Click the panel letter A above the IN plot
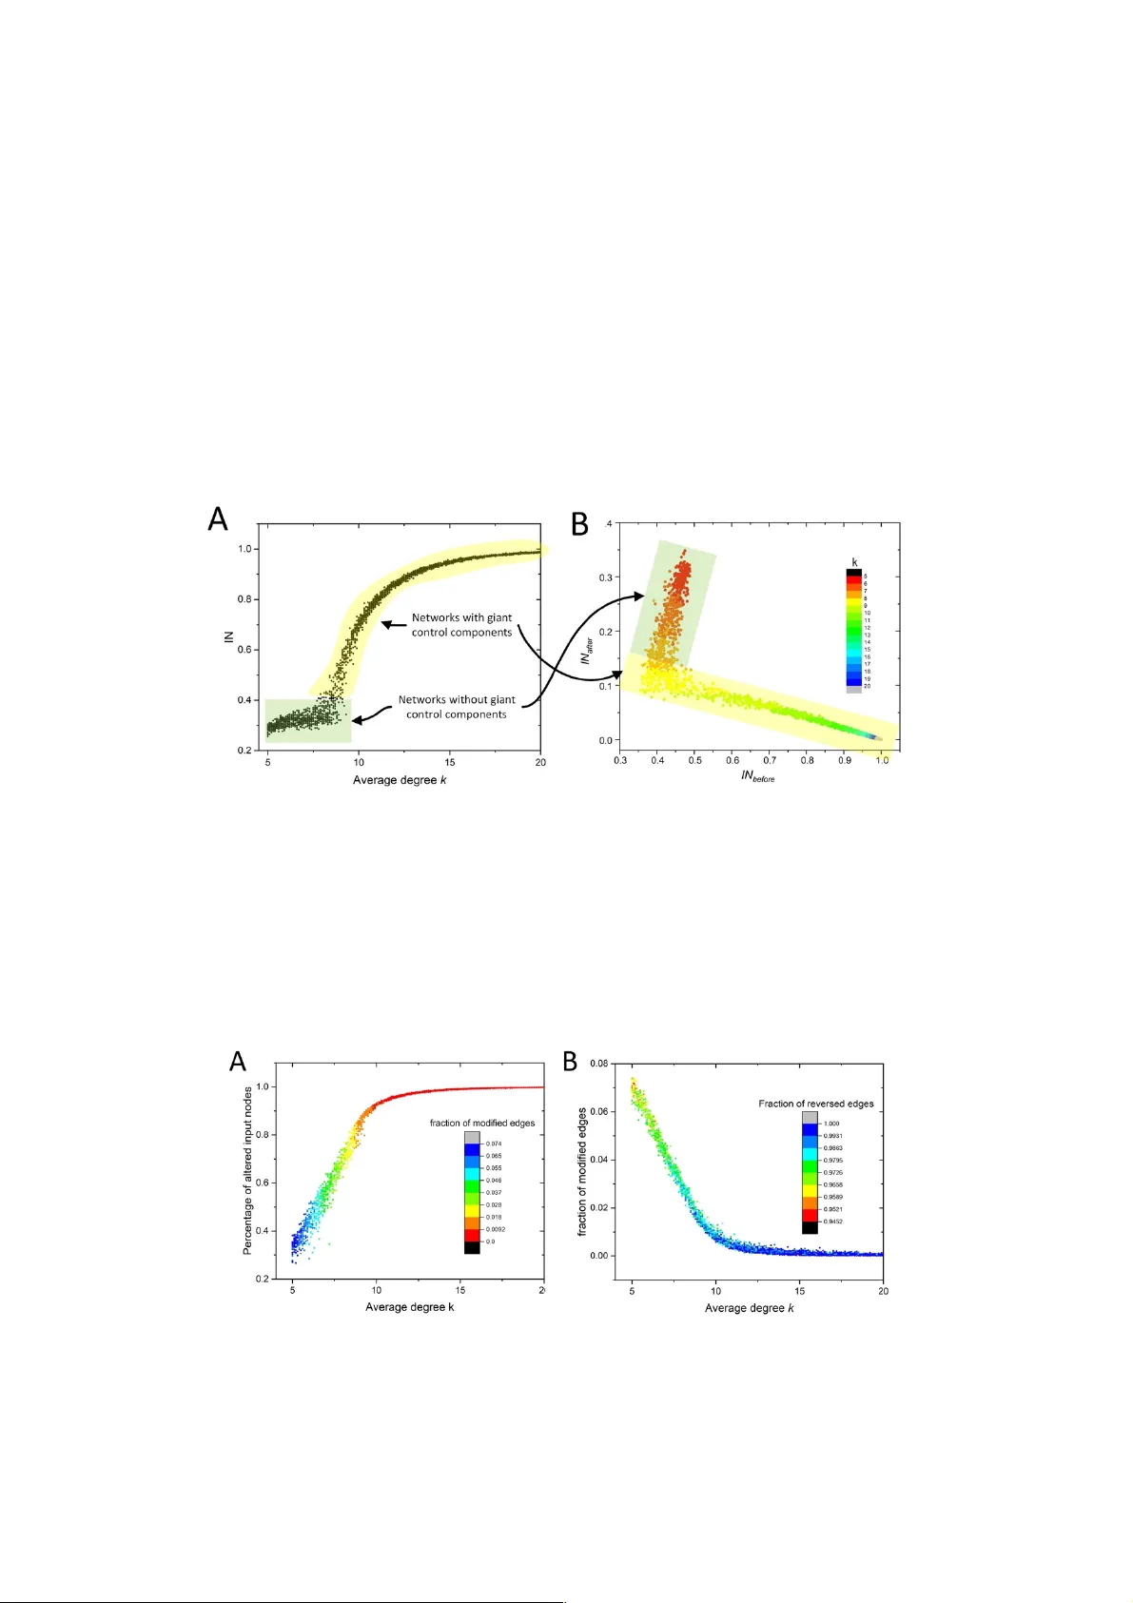point(218,519)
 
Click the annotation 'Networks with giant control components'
point(461,625)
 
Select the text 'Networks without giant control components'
point(457,707)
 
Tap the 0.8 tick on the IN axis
point(244,599)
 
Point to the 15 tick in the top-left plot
point(450,762)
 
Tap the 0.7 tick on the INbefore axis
point(770,760)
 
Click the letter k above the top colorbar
point(854,563)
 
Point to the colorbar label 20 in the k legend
point(867,686)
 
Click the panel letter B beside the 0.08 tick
point(571,1061)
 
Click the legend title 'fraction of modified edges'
point(481,1124)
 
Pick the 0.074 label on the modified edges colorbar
point(494,1144)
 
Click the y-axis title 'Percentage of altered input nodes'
point(248,1170)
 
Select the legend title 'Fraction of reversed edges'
point(815,1104)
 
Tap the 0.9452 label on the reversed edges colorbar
point(832,1222)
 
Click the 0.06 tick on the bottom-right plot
point(600,1111)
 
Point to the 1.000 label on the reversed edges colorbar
point(830,1124)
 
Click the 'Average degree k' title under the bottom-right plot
point(749,1308)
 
